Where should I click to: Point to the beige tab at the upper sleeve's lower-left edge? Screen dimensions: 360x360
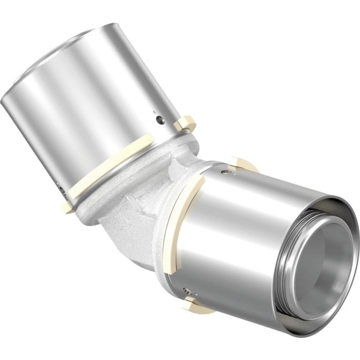pyautogui.click(x=67, y=207)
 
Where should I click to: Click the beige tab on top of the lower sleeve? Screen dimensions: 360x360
pyautogui.click(x=242, y=164)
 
